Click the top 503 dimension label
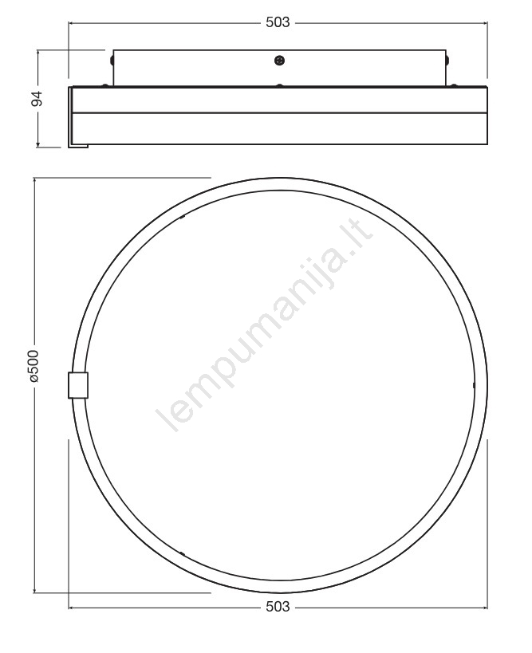point(278,22)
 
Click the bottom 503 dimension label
point(278,607)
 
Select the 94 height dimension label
point(37,98)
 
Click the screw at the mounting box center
point(279,61)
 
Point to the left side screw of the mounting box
point(112,60)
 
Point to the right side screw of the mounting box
point(447,60)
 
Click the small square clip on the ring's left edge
point(78,385)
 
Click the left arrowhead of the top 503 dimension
point(71,23)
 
